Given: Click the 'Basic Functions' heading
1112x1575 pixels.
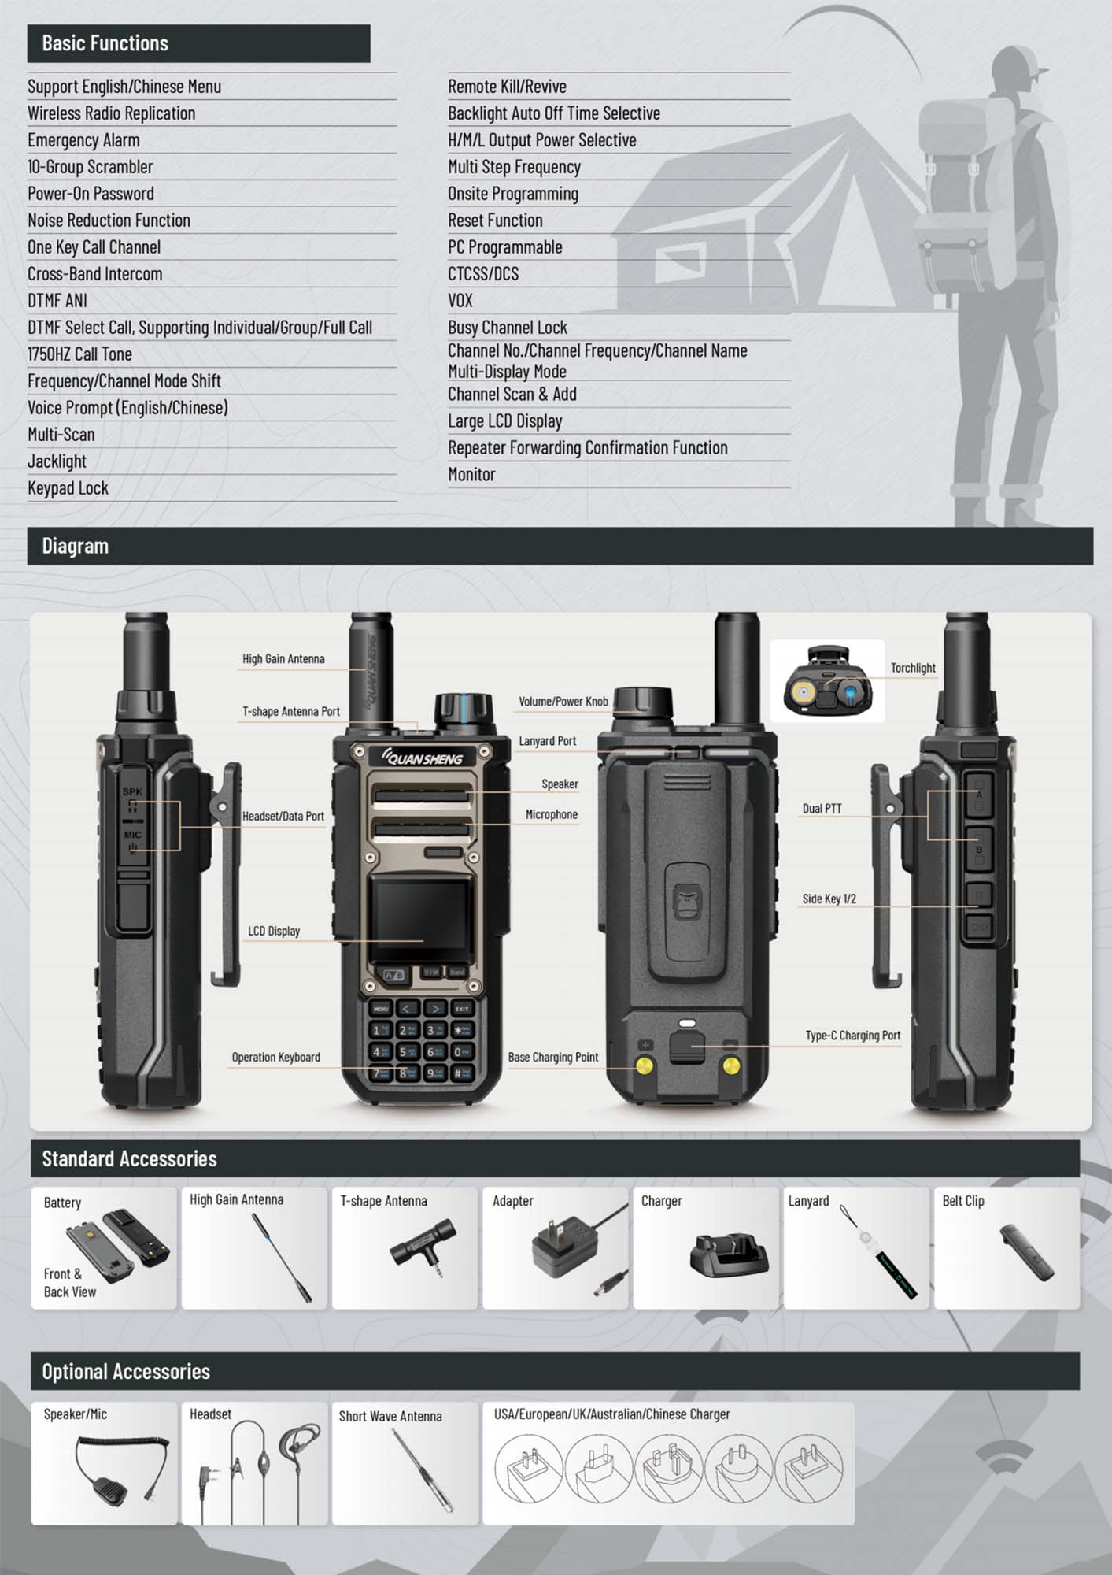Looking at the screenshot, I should pyautogui.click(x=105, y=43).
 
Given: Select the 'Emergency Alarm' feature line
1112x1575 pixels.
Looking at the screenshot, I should pyautogui.click(x=83, y=140).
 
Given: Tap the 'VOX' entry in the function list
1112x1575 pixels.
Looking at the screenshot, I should pyautogui.click(x=460, y=301).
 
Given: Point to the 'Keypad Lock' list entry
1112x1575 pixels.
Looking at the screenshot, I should pyautogui.click(x=68, y=488).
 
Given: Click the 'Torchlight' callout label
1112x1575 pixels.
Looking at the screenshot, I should pyautogui.click(x=913, y=668).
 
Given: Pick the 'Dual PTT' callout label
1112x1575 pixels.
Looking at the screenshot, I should pyautogui.click(x=822, y=809).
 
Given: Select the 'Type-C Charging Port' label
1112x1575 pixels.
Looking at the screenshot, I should pyautogui.click(x=852, y=1036).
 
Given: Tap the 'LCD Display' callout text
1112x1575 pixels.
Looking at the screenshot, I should pyautogui.click(x=274, y=931).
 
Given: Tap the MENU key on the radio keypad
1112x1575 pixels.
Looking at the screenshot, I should pyautogui.click(x=381, y=1008).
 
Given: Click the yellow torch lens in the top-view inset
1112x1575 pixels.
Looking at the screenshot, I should pyautogui.click(x=804, y=694).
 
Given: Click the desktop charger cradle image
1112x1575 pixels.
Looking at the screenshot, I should pyautogui.click(x=729, y=1254).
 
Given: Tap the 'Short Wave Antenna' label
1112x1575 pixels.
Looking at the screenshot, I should pyautogui.click(x=390, y=1416).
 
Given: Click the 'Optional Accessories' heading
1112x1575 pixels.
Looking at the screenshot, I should pyautogui.click(x=126, y=1371).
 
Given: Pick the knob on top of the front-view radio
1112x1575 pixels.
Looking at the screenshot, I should pyautogui.click(x=464, y=709).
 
